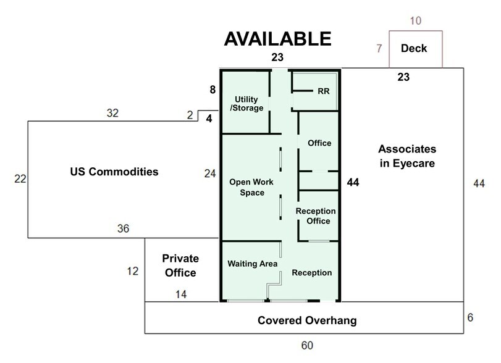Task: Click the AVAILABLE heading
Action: (x=277, y=39)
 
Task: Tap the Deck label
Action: (x=414, y=48)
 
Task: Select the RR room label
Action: (x=323, y=91)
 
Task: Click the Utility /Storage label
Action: (x=246, y=104)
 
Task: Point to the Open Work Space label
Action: (x=251, y=187)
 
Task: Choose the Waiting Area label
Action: (x=253, y=264)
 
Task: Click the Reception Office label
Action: (x=316, y=216)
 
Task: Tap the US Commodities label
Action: (x=114, y=172)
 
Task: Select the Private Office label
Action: (x=180, y=265)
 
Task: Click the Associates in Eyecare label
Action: (x=407, y=156)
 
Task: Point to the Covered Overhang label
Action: (x=307, y=320)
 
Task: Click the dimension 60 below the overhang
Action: (x=307, y=345)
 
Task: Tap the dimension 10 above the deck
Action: (x=416, y=21)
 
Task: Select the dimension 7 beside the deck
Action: (x=379, y=48)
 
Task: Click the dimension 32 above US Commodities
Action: (x=112, y=113)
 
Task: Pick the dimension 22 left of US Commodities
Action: (x=20, y=179)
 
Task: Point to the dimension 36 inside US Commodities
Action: (x=123, y=228)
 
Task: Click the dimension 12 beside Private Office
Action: (x=133, y=271)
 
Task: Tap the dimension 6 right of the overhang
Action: (x=470, y=317)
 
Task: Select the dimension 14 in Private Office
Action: (x=181, y=294)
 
